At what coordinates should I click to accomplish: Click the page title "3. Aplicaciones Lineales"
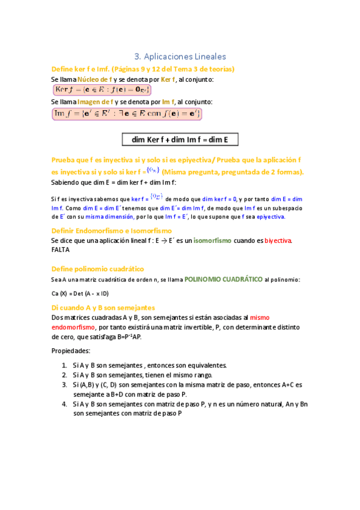tap(180, 57)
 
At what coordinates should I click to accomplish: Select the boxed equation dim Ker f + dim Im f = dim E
tap(180, 140)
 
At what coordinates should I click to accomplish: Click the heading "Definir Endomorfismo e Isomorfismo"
tap(112, 230)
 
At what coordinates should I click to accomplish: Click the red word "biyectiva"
tap(279, 241)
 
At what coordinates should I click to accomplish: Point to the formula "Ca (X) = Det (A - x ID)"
tap(80, 293)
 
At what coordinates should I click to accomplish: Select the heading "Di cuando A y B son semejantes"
tap(103, 307)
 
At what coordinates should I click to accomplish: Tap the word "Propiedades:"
tap(71, 350)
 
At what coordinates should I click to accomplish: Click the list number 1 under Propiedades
tap(64, 365)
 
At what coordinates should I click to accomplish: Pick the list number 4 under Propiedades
tap(64, 404)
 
